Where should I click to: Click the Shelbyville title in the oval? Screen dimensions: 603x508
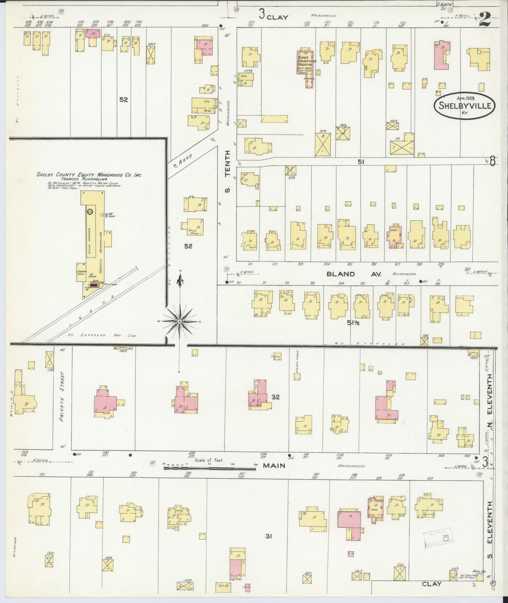click(x=463, y=105)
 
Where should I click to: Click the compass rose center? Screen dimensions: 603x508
click(x=180, y=322)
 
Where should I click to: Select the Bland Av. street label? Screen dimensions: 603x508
click(x=341, y=274)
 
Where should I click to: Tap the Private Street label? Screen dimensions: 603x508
click(x=63, y=400)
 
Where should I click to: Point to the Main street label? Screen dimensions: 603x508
click(x=274, y=465)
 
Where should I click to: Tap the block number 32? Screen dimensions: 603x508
click(x=275, y=397)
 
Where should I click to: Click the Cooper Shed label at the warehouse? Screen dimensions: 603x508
click(x=81, y=273)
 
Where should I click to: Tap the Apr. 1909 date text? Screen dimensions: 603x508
click(x=465, y=98)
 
